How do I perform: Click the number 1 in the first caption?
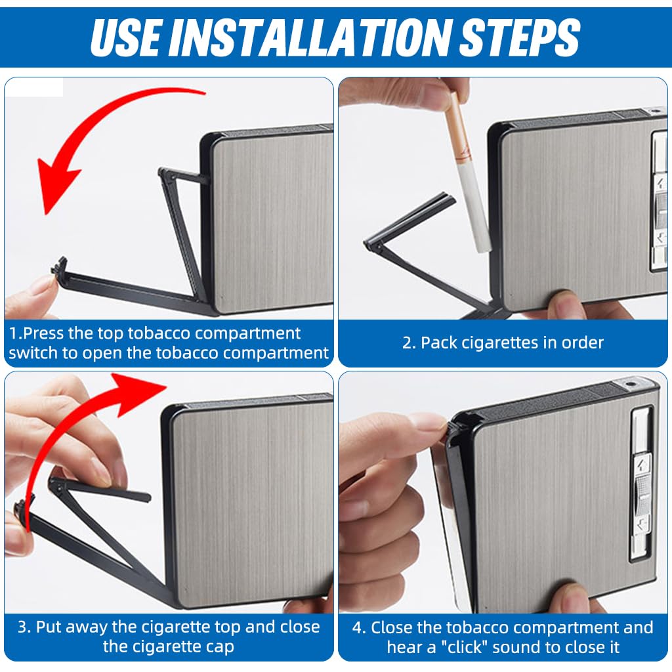[x=13, y=333]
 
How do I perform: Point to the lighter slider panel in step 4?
[x=641, y=483]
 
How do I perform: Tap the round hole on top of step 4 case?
[x=631, y=383]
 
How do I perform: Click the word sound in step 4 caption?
[x=541, y=647]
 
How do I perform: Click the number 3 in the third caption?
[x=24, y=627]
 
